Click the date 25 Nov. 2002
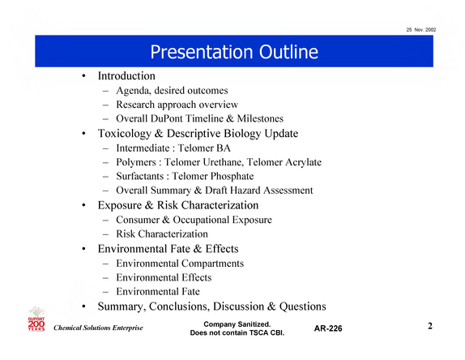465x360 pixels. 421,30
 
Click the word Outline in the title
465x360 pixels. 288,52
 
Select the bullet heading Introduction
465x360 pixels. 126,76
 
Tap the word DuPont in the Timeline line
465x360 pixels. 166,118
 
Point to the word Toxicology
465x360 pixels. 125,134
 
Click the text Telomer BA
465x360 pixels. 204,148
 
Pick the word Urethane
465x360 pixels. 224,162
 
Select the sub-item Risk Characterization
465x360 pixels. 162,234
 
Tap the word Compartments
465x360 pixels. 212,264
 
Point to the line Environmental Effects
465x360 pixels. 164,277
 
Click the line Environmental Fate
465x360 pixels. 158,291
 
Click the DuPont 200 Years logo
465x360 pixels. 36,319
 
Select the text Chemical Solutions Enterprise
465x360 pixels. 98,328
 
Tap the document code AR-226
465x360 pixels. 328,328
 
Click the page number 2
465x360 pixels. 430,326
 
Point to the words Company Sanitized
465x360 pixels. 237,324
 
